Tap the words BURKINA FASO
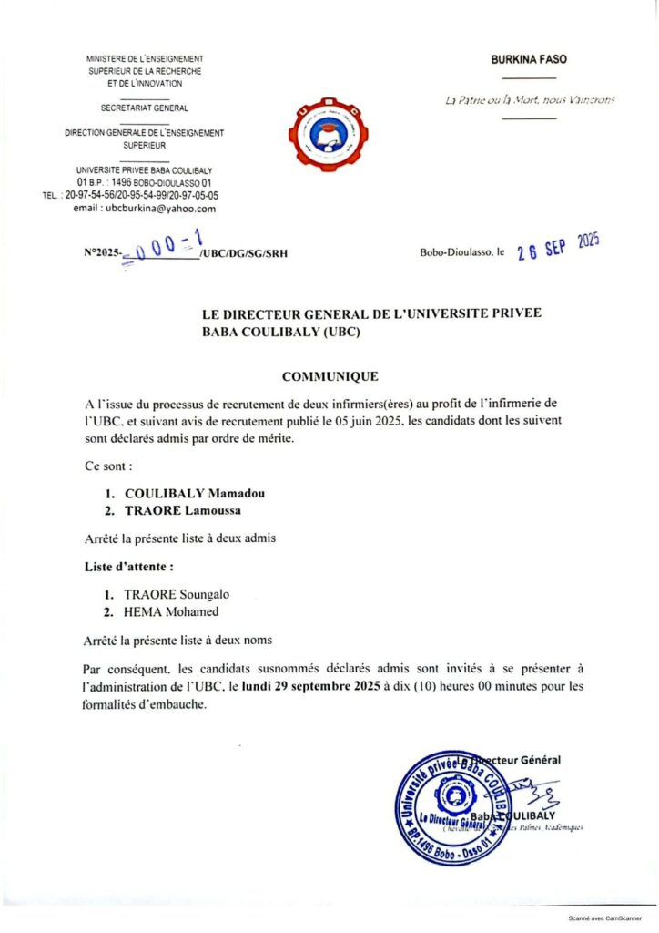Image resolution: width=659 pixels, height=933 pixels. pos(529,59)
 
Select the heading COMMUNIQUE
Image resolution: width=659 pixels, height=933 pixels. pos(329,375)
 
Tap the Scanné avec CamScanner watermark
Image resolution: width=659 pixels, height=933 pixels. pos(604,919)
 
